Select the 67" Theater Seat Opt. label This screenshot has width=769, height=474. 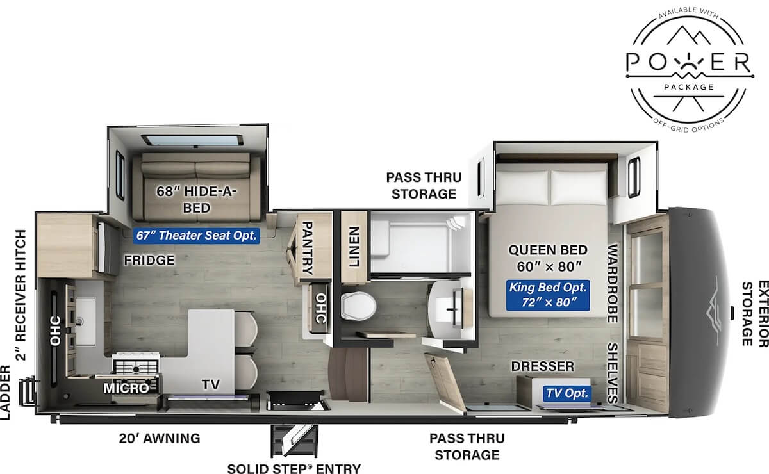[x=196, y=236]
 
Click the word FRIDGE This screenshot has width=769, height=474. [x=150, y=261]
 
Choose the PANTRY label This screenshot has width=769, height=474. [x=306, y=247]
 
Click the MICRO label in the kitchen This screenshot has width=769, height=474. [x=126, y=388]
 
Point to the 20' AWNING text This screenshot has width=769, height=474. [x=159, y=439]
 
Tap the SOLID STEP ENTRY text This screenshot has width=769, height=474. [x=294, y=468]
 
